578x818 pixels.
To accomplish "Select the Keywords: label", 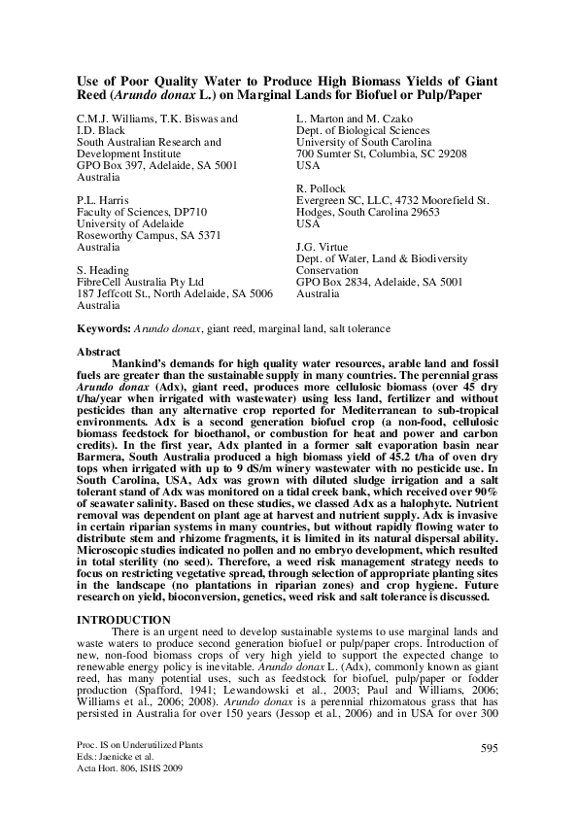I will click(107, 329).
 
